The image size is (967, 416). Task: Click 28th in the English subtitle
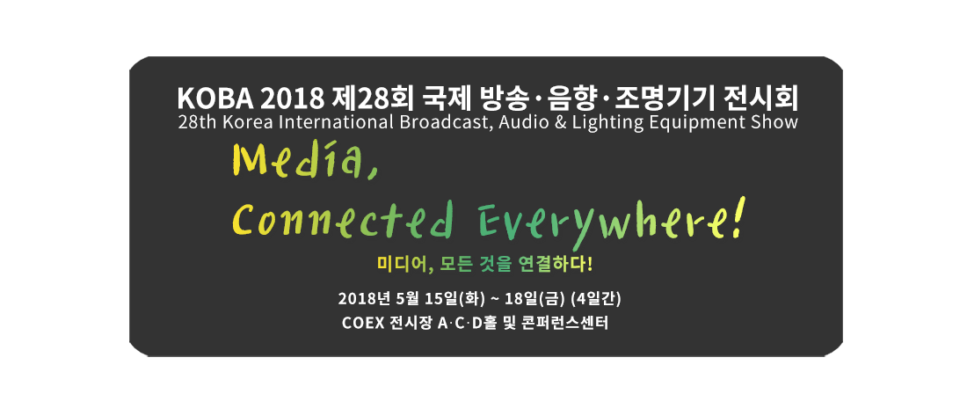(x=194, y=121)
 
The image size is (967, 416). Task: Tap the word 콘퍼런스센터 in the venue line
(x=568, y=324)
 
